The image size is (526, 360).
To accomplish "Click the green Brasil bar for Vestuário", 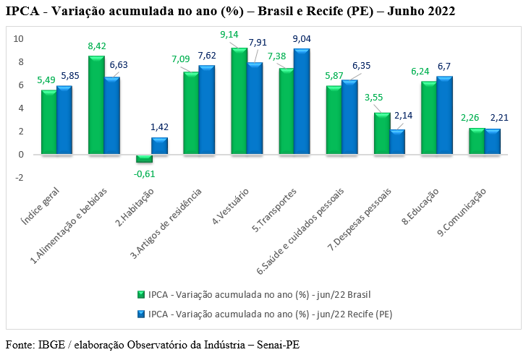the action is tap(239, 101).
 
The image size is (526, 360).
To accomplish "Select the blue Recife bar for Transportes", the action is tap(302, 101).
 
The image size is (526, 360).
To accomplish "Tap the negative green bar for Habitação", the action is tap(144, 158).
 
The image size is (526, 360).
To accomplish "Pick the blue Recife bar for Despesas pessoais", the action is tap(396, 142).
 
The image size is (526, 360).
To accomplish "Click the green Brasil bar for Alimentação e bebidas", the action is tap(96, 105).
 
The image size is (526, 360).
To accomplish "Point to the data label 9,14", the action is tap(229, 35).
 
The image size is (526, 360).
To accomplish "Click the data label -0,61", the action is tap(144, 174).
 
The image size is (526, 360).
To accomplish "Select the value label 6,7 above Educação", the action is tap(444, 67).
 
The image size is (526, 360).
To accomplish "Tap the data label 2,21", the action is tap(499, 118).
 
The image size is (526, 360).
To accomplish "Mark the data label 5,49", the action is tap(46, 80).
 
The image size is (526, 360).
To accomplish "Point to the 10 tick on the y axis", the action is tap(19, 39).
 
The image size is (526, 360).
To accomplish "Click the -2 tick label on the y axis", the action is tap(20, 178).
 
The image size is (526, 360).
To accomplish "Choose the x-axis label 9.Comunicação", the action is tap(462, 212).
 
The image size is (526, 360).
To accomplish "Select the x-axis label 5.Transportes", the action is tap(274, 210).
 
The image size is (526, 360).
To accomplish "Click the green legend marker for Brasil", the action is tap(141, 294).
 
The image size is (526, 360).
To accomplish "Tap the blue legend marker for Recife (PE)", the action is tap(141, 314).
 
